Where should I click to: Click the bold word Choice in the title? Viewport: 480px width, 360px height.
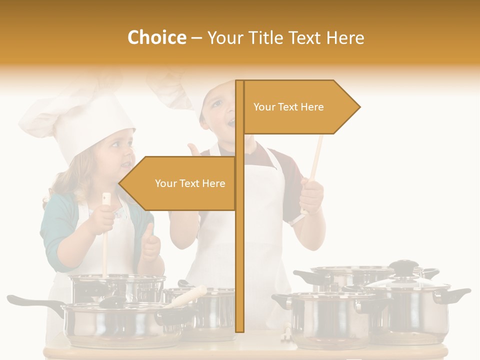[156, 37]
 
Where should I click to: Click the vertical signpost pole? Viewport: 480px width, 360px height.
[239, 250]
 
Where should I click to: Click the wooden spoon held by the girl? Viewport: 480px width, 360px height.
[105, 240]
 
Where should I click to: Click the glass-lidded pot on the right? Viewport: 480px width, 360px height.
[410, 310]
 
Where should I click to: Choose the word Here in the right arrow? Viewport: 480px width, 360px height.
[311, 107]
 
